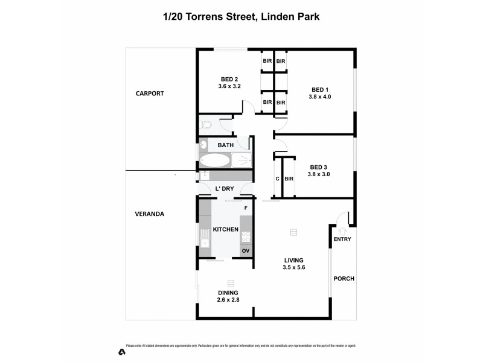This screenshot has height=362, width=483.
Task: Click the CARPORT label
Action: [x=150, y=94]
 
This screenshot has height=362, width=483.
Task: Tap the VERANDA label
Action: [x=150, y=214]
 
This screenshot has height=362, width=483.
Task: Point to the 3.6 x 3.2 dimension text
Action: [x=229, y=86]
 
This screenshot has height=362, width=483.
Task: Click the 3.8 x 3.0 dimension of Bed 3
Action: [x=319, y=174]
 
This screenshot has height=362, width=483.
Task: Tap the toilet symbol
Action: [x=205, y=125]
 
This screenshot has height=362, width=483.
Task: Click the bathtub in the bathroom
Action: [x=214, y=160]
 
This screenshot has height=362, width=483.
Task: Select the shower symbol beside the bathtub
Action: [x=241, y=160]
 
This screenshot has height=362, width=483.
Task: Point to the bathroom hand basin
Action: [x=204, y=145]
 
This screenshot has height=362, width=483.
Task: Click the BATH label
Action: [x=226, y=145]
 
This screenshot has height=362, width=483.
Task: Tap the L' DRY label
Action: [x=224, y=189]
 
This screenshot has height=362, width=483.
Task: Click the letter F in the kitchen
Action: [x=245, y=208]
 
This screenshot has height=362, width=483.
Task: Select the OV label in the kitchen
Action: [x=246, y=250]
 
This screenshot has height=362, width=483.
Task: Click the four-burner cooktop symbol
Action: [x=246, y=237]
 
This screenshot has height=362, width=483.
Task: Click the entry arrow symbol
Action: [x=342, y=230]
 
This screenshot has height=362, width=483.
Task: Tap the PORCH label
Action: [x=344, y=278]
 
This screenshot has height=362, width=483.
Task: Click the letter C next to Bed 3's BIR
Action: [x=277, y=179]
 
